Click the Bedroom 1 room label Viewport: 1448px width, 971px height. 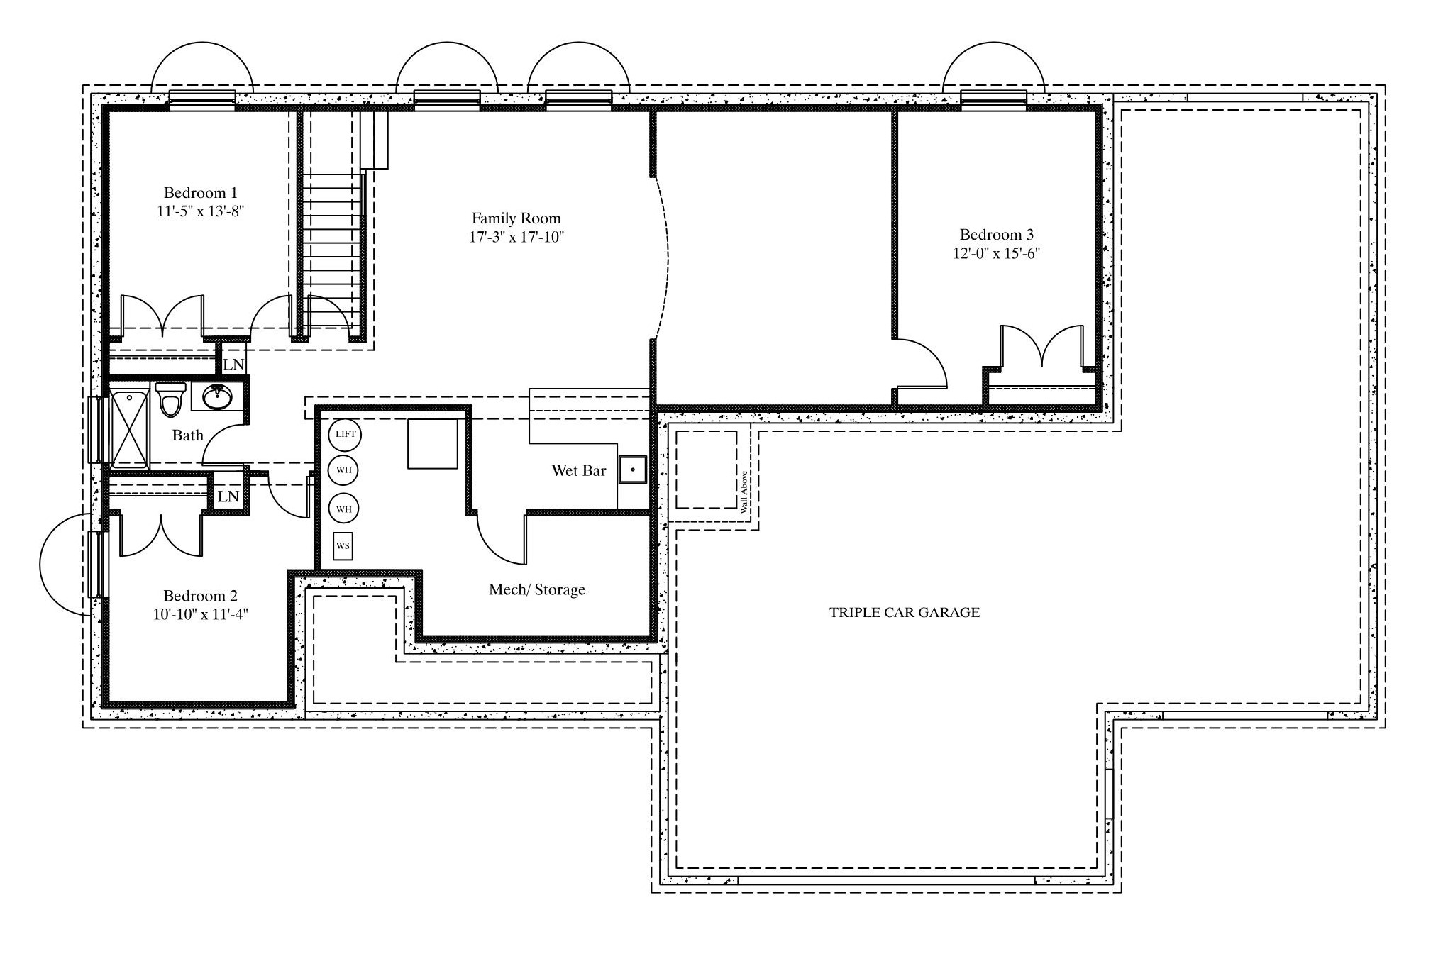[201, 193]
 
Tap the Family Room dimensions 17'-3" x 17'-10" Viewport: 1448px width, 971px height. [516, 237]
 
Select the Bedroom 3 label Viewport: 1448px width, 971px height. [997, 235]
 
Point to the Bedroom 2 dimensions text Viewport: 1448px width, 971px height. [201, 614]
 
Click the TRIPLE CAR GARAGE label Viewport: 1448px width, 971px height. [905, 612]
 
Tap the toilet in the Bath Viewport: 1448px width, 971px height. [170, 399]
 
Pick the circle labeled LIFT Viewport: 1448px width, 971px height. [345, 434]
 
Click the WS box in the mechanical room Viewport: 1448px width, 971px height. [343, 546]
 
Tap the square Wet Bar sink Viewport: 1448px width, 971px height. [632, 470]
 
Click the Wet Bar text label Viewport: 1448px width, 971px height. [579, 470]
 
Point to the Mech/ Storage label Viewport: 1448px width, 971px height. [537, 589]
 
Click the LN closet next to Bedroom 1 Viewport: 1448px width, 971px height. [233, 365]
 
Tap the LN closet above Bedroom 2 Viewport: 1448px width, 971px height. [228, 496]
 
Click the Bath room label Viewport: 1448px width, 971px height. [188, 435]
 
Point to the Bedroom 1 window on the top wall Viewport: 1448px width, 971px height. [202, 100]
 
